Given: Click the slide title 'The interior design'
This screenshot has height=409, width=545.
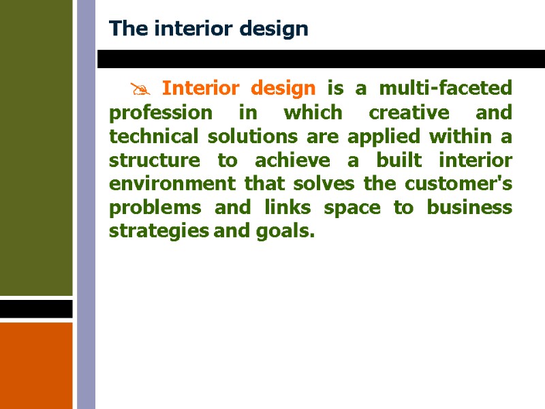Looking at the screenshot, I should (208, 29).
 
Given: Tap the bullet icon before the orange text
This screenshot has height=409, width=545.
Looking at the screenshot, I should (140, 89).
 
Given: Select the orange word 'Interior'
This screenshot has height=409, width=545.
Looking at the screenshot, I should (201, 89).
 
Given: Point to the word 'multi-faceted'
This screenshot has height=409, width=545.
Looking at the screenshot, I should (445, 89).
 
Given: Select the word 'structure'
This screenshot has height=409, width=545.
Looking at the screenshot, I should (151, 160).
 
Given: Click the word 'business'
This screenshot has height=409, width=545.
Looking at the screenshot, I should (470, 208).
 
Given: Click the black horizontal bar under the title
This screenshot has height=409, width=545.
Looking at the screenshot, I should (320, 59).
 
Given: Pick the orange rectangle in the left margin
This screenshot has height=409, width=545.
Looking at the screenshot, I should (36, 365).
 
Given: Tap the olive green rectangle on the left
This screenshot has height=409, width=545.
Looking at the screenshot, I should (36, 147).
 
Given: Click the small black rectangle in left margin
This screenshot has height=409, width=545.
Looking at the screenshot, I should (36, 309).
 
